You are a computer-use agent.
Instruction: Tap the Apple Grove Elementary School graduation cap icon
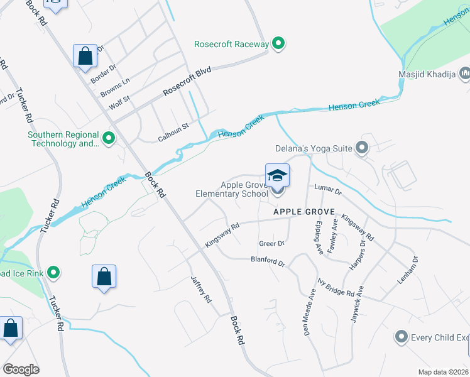(x=277, y=176)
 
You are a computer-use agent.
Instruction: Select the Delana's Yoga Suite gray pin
(x=361, y=148)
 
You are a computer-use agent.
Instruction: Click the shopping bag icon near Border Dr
(x=85, y=57)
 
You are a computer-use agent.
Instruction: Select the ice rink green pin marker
(x=53, y=273)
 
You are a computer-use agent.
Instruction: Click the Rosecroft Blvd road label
(x=187, y=82)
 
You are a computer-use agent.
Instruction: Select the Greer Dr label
(x=272, y=243)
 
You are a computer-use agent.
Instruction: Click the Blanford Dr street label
(x=268, y=261)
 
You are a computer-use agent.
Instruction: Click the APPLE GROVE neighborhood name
(x=303, y=212)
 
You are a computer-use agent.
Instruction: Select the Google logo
(x=21, y=369)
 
